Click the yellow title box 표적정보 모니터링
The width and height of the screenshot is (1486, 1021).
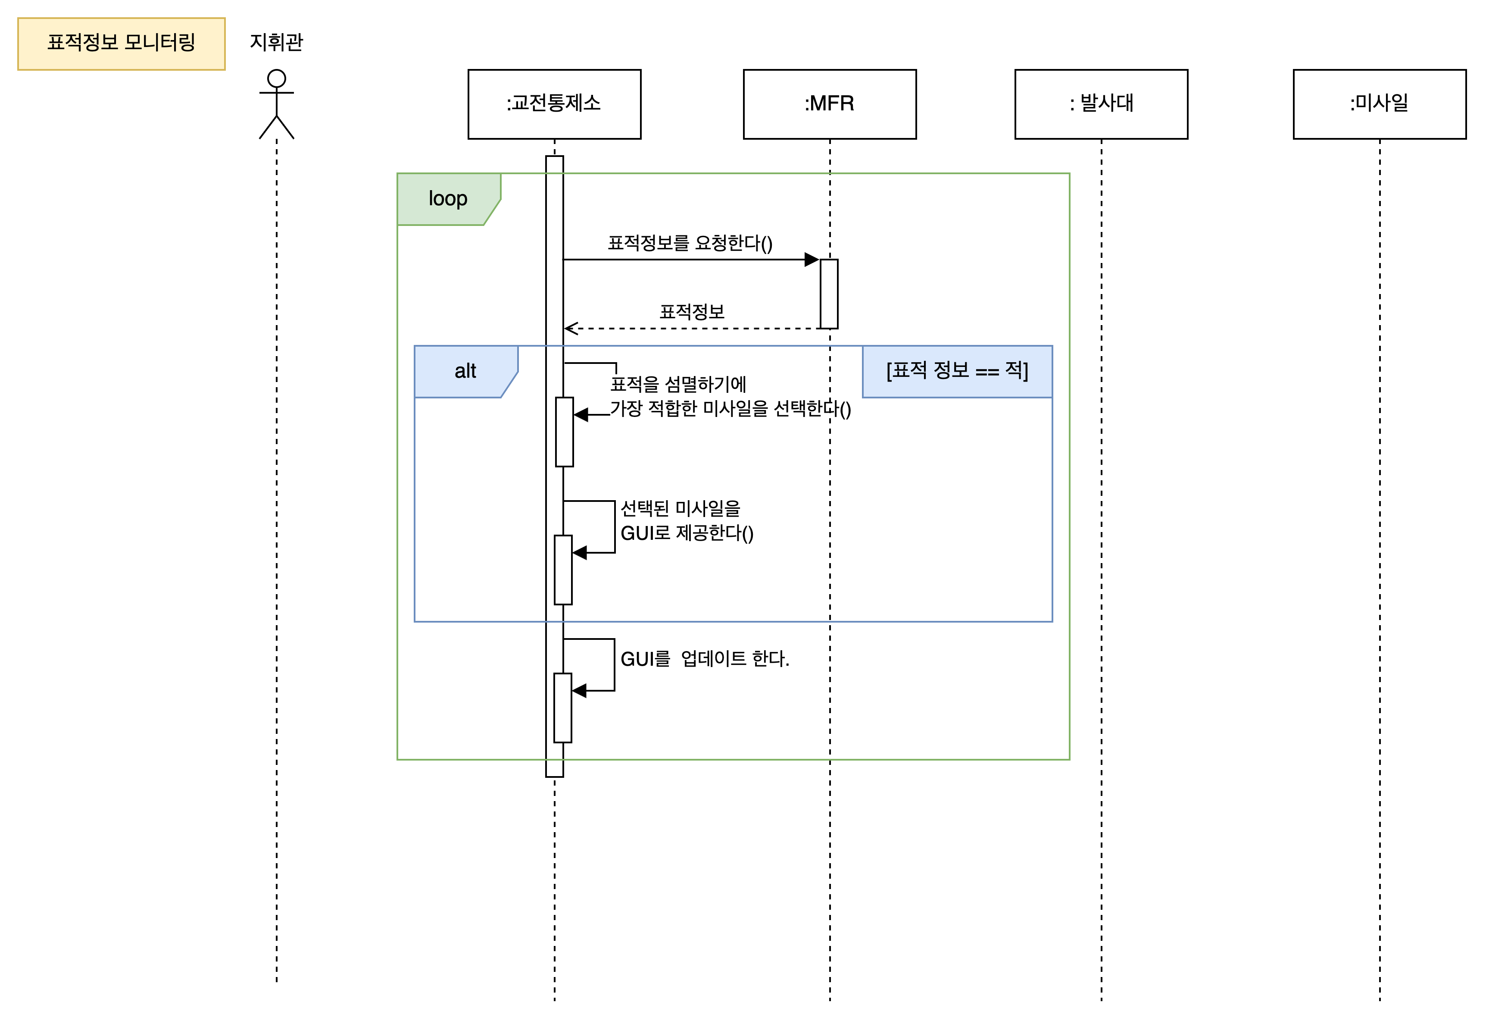(x=122, y=44)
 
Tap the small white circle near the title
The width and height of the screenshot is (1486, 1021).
(x=276, y=78)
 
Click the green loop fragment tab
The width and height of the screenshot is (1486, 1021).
(x=448, y=199)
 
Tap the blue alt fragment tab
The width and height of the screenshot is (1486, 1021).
(x=465, y=372)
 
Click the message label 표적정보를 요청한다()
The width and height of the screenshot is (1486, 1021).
(x=690, y=243)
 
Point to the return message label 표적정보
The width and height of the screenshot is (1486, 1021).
(x=692, y=312)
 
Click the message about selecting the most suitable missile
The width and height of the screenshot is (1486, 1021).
(x=730, y=397)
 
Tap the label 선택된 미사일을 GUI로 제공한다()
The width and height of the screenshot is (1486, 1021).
(x=687, y=521)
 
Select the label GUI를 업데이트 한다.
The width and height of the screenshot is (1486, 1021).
(x=705, y=659)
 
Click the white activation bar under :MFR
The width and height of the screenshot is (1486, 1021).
(x=829, y=294)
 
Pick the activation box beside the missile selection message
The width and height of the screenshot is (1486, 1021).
(x=564, y=432)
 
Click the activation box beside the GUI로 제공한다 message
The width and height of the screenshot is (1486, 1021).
(x=563, y=570)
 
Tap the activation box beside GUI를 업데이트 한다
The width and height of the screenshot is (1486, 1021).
(x=562, y=708)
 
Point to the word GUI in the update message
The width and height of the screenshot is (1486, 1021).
(x=636, y=659)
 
